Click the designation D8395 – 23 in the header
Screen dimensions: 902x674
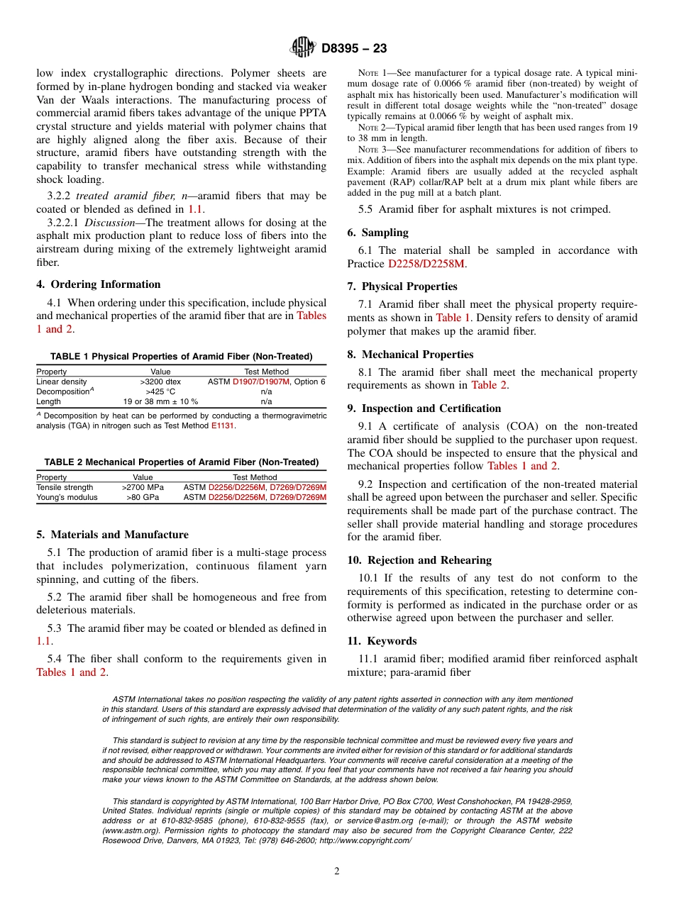click(354, 49)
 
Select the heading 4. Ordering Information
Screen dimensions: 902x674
click(99, 284)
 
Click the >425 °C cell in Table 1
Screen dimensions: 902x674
click(160, 391)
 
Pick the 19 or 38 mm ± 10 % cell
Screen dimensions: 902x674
click(160, 401)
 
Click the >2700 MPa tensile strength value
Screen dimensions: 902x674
click(143, 487)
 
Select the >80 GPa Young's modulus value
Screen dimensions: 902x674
click(143, 497)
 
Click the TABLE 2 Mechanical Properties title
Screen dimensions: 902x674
click(182, 462)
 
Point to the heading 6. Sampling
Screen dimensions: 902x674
click(377, 233)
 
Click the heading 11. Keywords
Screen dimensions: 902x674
click(382, 641)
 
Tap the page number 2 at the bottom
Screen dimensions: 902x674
click(337, 872)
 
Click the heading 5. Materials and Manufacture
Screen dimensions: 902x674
click(112, 535)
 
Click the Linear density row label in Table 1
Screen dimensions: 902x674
click(61, 382)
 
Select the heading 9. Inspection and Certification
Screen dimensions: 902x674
click(424, 408)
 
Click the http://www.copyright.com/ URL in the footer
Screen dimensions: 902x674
click(366, 840)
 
